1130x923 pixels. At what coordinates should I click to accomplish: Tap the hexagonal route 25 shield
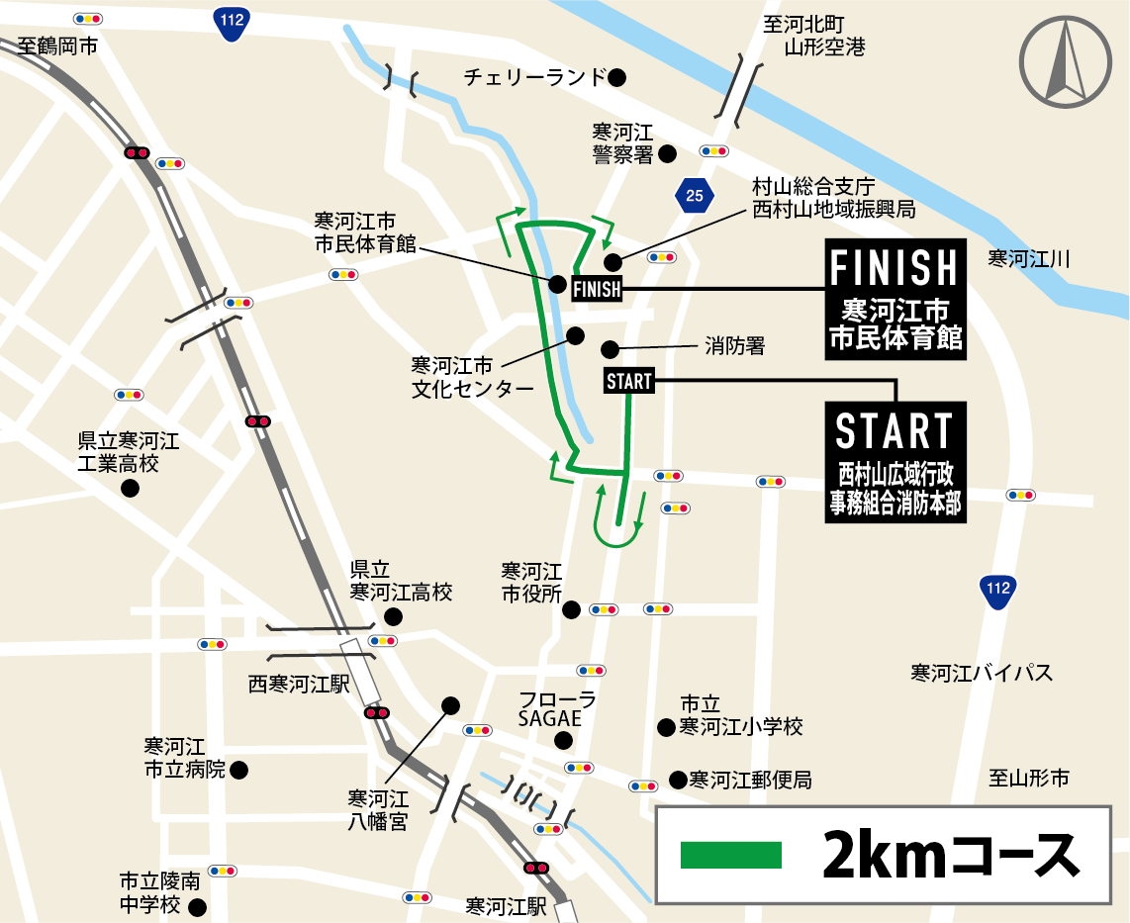coord(695,195)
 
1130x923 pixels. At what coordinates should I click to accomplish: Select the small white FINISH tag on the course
coord(598,288)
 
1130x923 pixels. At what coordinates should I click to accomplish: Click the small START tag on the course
coord(628,381)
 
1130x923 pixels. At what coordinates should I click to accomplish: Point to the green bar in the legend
coord(731,855)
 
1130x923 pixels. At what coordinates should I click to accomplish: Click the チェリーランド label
coord(534,76)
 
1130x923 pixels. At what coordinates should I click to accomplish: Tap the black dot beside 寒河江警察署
coord(667,153)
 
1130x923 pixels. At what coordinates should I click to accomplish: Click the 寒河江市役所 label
coord(531,583)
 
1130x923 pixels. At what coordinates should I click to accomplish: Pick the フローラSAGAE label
coord(558,709)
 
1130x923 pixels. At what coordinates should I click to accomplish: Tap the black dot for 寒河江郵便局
coord(678,780)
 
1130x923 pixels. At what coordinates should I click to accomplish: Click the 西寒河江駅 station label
coord(298,684)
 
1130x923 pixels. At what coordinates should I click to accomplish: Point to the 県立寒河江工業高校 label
coord(129,452)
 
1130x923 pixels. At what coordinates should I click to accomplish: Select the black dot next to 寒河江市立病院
coord(237,769)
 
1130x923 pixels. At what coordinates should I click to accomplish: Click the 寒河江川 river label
coord(1029,259)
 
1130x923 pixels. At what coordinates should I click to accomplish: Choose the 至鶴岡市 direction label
coord(58,45)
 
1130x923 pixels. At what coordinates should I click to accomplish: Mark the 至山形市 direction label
coord(1029,779)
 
